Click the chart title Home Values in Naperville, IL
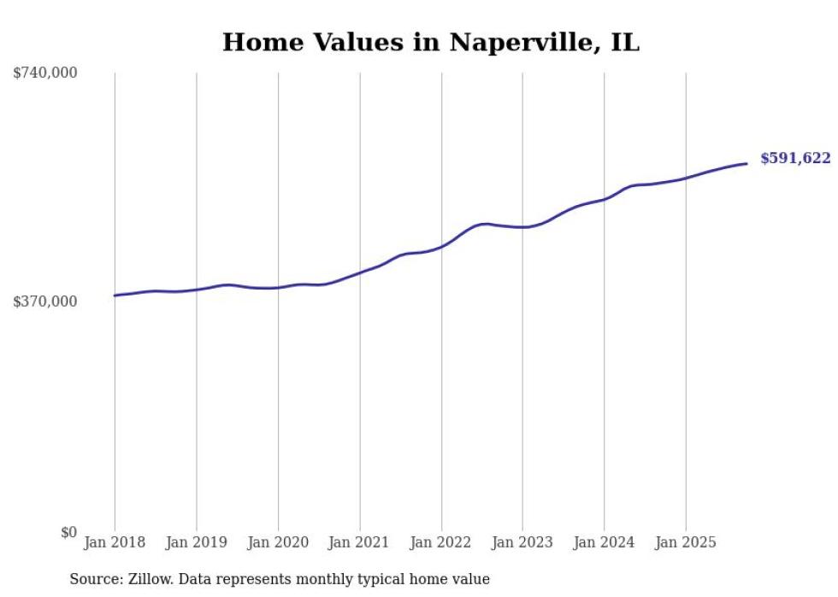430,43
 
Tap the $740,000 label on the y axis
44,73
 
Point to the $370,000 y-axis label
44,301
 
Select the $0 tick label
68,532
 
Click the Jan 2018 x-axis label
115,542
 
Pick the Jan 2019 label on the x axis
196,542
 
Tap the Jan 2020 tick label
278,542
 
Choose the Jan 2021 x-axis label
359,542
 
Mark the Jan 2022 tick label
441,542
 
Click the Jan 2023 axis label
522,542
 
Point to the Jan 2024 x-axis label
604,542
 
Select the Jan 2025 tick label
685,542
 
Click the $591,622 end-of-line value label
795,158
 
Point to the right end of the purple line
747,163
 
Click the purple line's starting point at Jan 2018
115,296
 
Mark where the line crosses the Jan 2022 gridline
441,246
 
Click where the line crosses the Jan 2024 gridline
604,199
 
